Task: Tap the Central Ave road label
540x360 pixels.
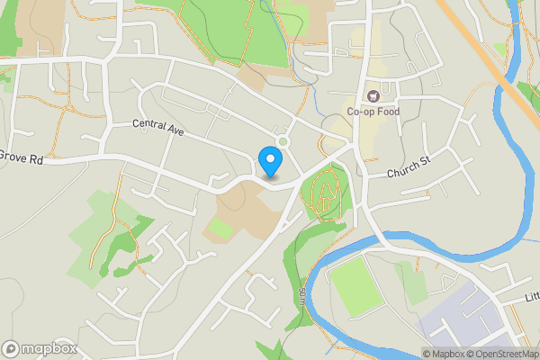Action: [157, 129]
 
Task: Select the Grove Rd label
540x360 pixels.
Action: [22, 158]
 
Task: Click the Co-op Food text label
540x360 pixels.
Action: [373, 112]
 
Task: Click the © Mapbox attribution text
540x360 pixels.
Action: [444, 354]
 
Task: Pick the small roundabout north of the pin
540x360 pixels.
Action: [284, 140]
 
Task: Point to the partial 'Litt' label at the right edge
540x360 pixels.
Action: [532, 297]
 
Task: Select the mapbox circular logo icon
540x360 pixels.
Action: [12, 349]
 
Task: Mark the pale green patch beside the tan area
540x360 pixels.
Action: [219, 229]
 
